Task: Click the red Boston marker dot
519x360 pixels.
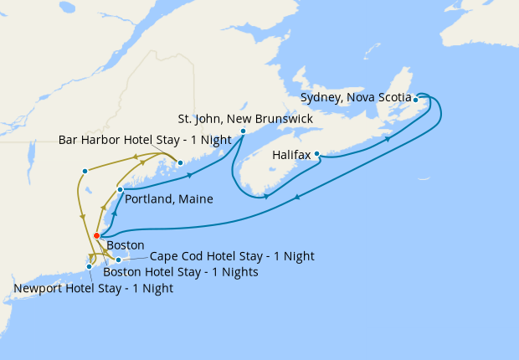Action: click(x=97, y=235)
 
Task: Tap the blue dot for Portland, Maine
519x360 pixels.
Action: click(x=121, y=190)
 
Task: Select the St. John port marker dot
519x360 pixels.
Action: click(x=243, y=131)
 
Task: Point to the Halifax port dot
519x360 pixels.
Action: click(x=317, y=154)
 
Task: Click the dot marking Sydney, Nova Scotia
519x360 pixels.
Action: click(x=416, y=100)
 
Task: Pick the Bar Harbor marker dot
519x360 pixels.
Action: click(x=180, y=162)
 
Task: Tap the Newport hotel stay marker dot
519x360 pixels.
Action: click(x=90, y=267)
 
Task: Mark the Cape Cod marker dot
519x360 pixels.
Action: click(x=119, y=260)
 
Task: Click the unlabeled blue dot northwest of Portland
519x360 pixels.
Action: click(x=85, y=172)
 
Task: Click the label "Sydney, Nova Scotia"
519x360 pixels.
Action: click(x=355, y=98)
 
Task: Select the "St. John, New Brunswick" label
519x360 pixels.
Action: click(x=246, y=119)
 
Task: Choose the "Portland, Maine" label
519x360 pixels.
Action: click(x=168, y=199)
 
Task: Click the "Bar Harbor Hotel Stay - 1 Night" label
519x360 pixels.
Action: click(x=145, y=140)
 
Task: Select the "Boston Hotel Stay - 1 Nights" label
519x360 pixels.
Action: click(x=180, y=272)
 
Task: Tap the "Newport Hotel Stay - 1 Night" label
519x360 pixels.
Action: click(x=94, y=289)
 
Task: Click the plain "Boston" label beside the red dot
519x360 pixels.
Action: click(x=126, y=245)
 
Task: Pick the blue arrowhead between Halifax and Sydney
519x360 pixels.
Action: click(x=388, y=139)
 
